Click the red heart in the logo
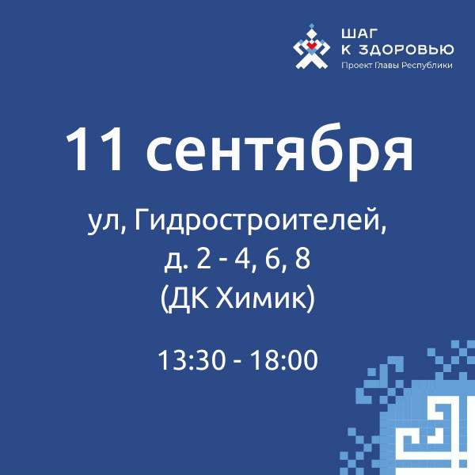[311, 45]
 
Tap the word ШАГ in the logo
[360, 33]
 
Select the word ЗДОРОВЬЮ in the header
[406, 50]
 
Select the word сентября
[279, 153]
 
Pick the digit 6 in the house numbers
[273, 259]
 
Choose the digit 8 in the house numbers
[302, 259]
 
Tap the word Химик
[260, 298]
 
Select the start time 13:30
[192, 360]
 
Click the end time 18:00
[284, 360]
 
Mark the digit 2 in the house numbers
[203, 259]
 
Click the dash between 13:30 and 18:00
[238, 363]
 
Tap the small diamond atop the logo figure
[311, 26]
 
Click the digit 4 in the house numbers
[241, 259]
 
